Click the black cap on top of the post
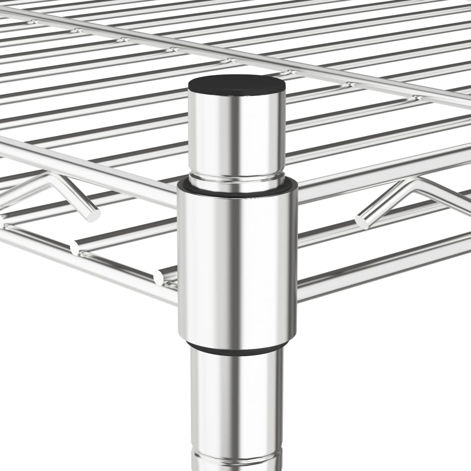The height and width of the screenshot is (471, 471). point(236,85)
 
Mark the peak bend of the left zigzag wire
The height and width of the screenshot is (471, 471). point(51,177)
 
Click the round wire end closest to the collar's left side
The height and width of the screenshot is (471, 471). point(159,277)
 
